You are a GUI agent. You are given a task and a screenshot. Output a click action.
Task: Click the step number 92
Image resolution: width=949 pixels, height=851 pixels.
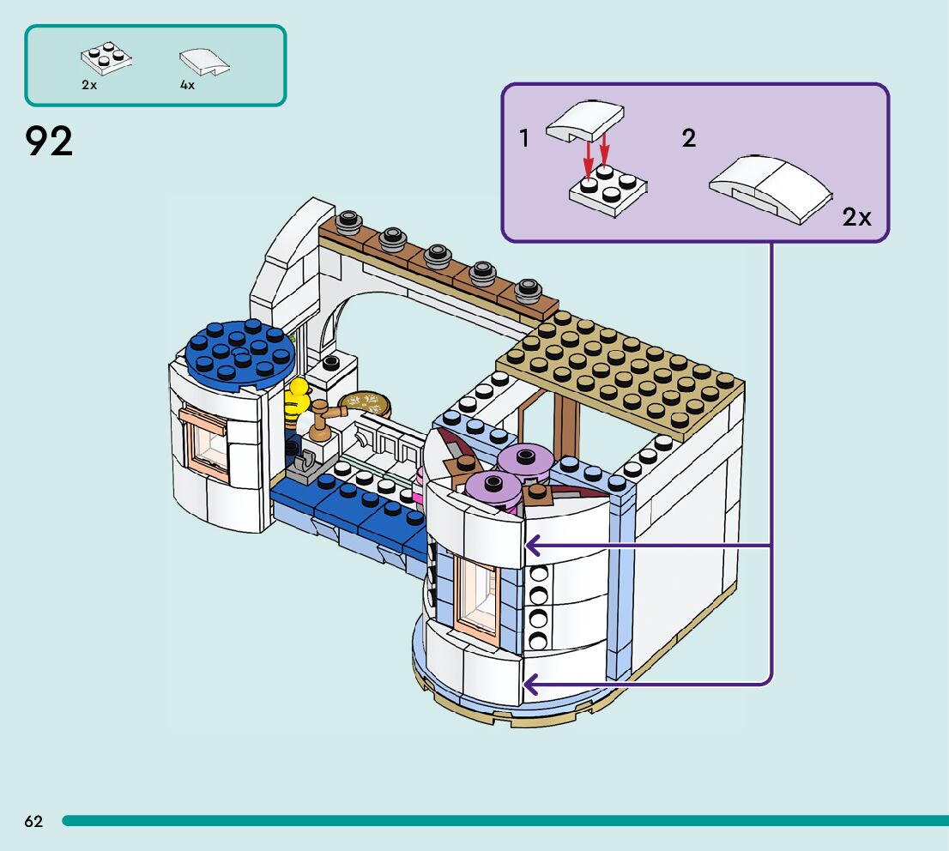[x=50, y=142]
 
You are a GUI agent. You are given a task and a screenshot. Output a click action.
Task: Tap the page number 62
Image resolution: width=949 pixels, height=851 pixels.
[x=33, y=822]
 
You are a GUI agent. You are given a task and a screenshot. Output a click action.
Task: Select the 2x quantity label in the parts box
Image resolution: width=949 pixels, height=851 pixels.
[x=89, y=85]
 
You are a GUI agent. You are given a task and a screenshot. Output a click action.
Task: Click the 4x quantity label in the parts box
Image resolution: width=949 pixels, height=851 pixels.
[x=187, y=85]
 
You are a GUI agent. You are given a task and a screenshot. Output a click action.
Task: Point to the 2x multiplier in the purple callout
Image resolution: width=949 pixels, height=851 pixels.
[x=856, y=218]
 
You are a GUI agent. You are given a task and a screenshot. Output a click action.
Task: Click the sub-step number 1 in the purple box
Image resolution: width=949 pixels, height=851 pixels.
[x=524, y=138]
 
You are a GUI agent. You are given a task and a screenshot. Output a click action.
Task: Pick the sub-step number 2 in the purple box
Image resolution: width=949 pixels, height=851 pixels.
[x=689, y=138]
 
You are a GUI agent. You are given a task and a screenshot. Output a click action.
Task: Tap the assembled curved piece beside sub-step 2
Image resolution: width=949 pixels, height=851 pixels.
[x=771, y=186]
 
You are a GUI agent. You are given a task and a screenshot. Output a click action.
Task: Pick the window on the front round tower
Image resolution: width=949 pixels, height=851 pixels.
[x=477, y=597]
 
